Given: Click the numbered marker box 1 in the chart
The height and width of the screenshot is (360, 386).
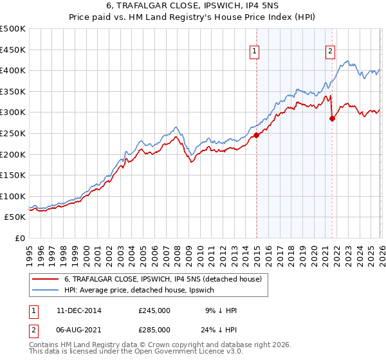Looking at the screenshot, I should point(255,53).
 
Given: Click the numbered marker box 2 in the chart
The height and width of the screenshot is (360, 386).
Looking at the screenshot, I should point(330,53).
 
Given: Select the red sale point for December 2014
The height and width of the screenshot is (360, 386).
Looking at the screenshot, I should point(256,135).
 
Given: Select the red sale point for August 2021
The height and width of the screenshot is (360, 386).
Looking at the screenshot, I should point(332,118).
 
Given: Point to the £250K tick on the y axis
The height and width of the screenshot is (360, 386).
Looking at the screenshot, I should point(14,133).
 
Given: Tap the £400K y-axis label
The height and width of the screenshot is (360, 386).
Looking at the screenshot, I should point(14,71).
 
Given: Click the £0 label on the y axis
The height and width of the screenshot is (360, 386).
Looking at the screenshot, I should point(19,238).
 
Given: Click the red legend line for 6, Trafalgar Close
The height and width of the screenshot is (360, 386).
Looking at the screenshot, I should point(46,279).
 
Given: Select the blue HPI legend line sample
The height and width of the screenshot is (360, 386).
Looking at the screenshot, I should point(46,291).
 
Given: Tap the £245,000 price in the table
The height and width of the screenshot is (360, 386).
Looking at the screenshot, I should point(154,310).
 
